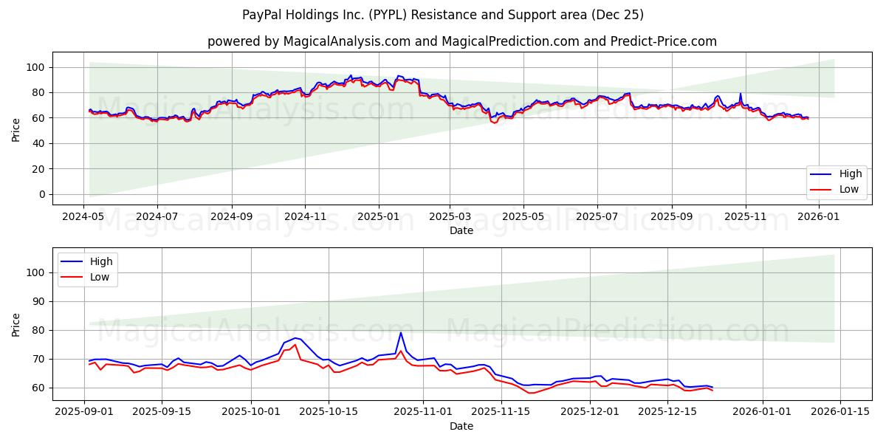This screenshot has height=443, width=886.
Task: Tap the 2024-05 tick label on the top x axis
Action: [83, 218]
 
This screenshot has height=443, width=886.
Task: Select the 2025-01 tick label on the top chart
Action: [379, 218]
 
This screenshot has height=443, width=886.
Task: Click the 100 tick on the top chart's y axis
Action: [36, 67]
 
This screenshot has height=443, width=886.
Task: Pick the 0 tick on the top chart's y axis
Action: [41, 194]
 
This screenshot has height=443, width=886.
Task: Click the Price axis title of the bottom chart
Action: [16, 324]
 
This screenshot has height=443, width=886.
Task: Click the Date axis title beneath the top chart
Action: [461, 231]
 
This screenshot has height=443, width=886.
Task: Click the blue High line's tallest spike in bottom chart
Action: [401, 332]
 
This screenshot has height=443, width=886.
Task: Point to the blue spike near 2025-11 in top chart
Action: [741, 94]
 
